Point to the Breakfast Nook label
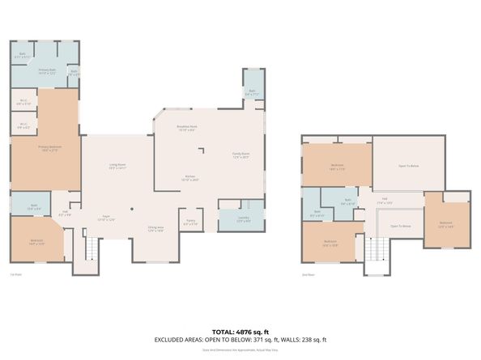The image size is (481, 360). tap(188, 128)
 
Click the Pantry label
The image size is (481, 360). tap(191, 222)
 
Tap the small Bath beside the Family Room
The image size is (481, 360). tap(252, 93)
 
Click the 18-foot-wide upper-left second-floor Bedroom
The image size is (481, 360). tap(337, 167)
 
